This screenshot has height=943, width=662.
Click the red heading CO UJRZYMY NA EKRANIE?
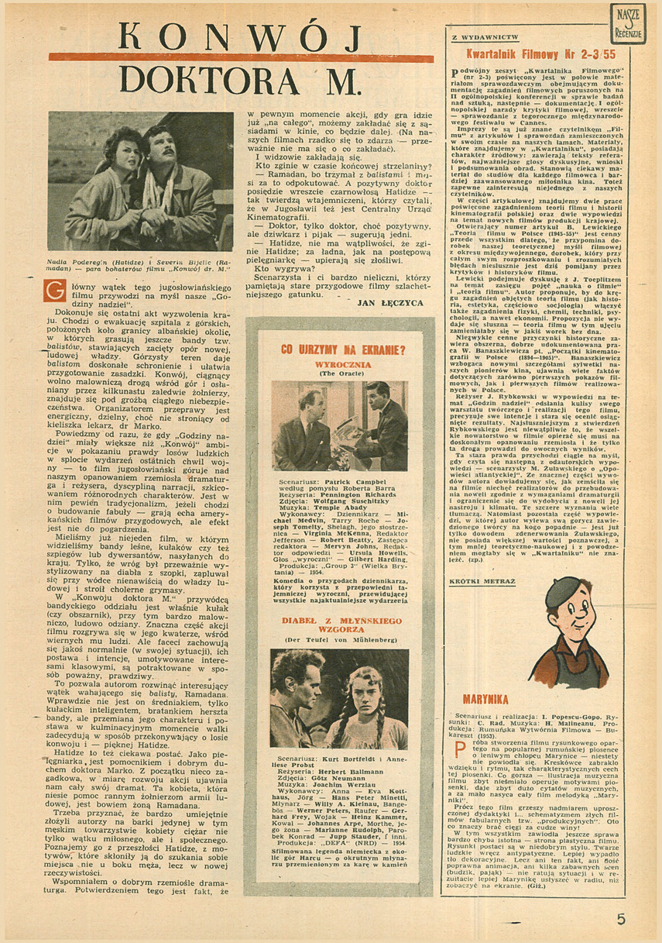point(338,349)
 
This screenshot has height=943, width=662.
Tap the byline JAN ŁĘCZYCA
point(393,302)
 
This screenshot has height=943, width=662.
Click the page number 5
point(620,919)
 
